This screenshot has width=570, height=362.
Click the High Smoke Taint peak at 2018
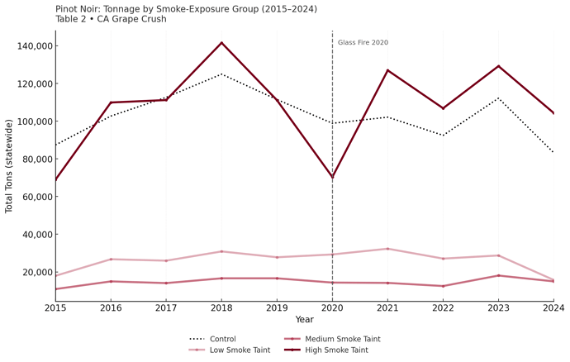click(x=221, y=43)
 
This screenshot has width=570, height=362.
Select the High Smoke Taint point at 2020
click(x=332, y=178)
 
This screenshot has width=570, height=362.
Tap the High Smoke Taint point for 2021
click(x=387, y=70)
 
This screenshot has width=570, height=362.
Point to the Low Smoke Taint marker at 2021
click(x=387, y=249)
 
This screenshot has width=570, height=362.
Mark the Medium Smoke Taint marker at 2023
click(x=498, y=275)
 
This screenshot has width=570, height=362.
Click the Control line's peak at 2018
click(x=221, y=74)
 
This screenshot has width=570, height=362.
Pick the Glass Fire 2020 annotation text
click(x=363, y=43)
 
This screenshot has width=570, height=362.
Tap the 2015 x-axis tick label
click(x=55, y=307)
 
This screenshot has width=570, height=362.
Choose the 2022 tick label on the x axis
click(x=443, y=307)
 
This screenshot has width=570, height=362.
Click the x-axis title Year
click(x=304, y=320)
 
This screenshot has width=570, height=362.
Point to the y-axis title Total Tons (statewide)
click(x=10, y=166)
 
